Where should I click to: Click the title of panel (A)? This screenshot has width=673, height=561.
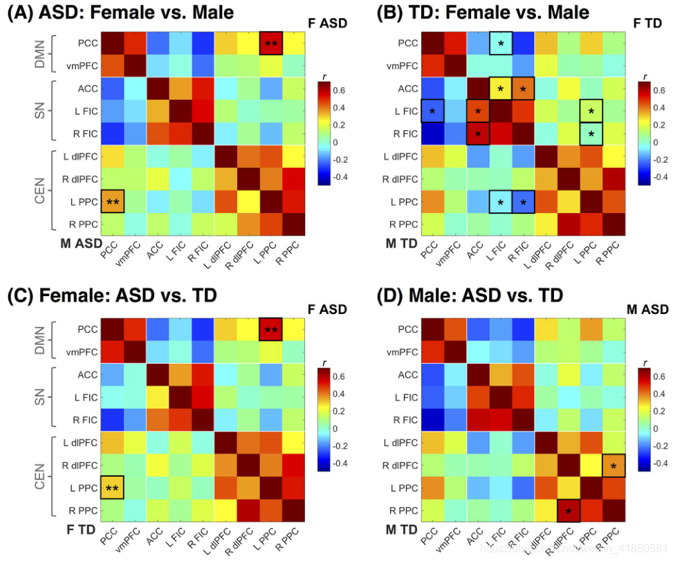(120, 12)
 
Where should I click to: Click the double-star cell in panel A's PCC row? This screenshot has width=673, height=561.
(271, 44)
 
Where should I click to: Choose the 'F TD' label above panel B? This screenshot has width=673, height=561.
(648, 23)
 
